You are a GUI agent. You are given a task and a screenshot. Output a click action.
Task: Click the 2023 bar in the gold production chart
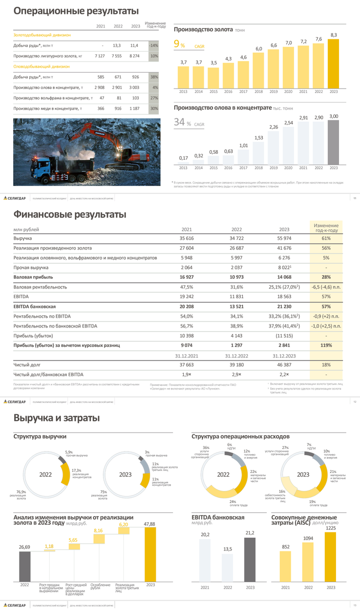333,64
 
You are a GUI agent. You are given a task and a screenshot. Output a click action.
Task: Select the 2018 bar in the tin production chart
259,152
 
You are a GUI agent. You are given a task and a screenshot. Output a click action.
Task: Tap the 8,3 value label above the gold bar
333,35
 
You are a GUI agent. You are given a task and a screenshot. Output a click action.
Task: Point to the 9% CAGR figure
179,45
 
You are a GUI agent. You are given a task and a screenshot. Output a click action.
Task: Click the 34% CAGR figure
181,122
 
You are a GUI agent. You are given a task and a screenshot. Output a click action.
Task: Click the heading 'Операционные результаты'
76,11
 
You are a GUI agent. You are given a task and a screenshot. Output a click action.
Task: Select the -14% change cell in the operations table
153,45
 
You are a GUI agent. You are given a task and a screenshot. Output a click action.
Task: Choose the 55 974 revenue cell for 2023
284,239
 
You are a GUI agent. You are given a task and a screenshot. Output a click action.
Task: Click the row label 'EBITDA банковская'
34,306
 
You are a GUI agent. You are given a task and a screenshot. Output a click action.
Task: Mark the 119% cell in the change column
326,345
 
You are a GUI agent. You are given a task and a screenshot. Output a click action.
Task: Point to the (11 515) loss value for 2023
284,336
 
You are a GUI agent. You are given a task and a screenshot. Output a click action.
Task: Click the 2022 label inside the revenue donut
46,475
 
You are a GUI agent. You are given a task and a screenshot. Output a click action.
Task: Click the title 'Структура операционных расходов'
240,436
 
